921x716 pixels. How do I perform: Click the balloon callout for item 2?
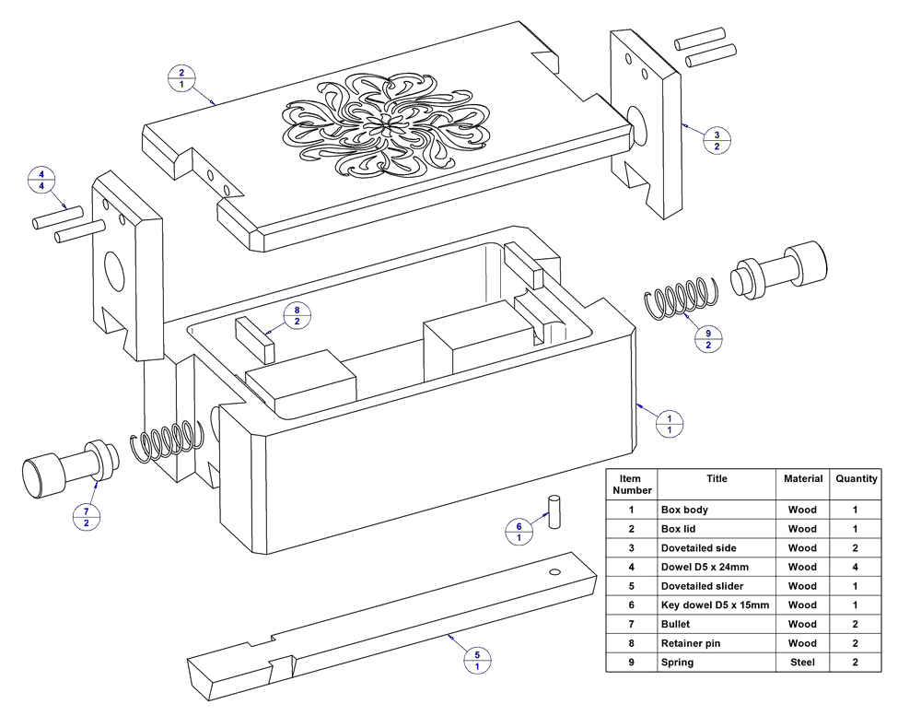pos(181,78)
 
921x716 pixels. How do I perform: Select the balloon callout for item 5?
pos(477,660)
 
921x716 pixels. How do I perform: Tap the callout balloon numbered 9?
pos(708,339)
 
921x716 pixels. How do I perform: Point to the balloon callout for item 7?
pos(87,517)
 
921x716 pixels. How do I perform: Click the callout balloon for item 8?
pos(297,316)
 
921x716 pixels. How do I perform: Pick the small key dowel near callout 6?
pos(554,512)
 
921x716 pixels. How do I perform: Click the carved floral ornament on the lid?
pos(386,125)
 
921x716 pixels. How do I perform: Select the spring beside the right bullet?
pos(682,298)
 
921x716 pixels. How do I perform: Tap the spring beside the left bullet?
pos(167,440)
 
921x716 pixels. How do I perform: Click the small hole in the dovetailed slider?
pos(554,572)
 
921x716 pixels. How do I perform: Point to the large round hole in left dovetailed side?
pos(114,271)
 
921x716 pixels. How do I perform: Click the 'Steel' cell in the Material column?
pos(802,662)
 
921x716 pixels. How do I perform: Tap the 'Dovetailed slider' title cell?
pos(717,586)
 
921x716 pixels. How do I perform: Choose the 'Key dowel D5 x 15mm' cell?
pos(717,604)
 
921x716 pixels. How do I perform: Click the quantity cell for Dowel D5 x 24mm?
pos(856,567)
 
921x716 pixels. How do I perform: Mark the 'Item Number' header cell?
pos(632,484)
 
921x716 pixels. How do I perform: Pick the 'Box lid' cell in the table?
pos(717,529)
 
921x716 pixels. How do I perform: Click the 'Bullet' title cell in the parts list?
pos(717,624)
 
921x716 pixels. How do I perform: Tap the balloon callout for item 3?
pos(717,140)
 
